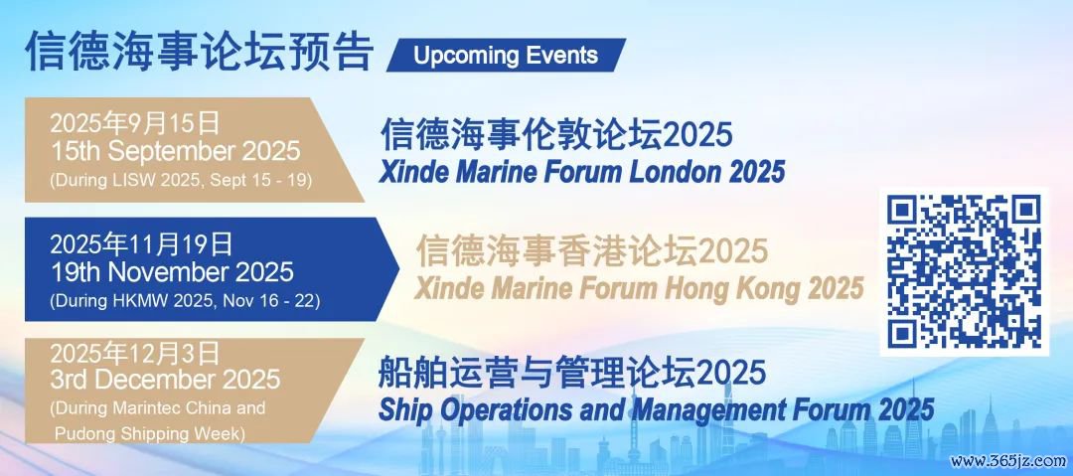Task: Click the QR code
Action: [x=964, y=271]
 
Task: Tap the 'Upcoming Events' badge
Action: [x=506, y=55]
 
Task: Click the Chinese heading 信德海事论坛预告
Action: [x=199, y=51]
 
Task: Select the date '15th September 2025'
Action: [x=175, y=151]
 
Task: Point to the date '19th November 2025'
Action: [x=172, y=272]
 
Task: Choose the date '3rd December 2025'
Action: [x=165, y=379]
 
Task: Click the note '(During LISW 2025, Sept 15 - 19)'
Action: [x=181, y=180]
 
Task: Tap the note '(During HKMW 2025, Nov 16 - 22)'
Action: [x=185, y=300]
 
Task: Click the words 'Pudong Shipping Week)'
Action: [x=150, y=433]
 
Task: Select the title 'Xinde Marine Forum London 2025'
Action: [x=581, y=171]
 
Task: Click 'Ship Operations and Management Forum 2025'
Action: [x=657, y=409]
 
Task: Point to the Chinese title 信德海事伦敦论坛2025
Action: [x=556, y=134]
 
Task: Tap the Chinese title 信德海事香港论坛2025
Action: [x=592, y=250]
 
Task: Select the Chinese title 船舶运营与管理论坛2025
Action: [x=572, y=372]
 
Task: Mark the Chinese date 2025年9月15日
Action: [x=135, y=124]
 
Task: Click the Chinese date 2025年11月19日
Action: [x=142, y=244]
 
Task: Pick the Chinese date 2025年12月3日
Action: [x=135, y=354]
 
